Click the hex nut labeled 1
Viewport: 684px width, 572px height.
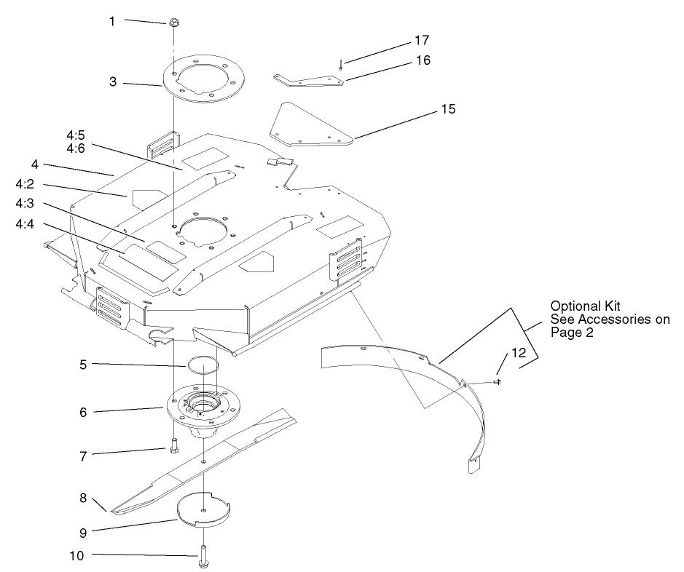174,23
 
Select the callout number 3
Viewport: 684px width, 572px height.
113,82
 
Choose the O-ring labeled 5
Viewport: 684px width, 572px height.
205,362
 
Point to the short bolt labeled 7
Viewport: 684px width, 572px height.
173,445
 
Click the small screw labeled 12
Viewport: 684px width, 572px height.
497,380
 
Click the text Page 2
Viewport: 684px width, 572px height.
573,333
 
